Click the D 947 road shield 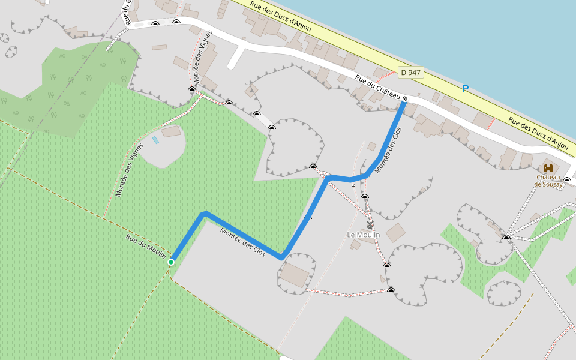[411, 73]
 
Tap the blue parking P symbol [465, 89]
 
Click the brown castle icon [548, 169]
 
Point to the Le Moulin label [364, 234]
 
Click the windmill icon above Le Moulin [370, 225]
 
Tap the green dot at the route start [171, 262]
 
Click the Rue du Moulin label [146, 247]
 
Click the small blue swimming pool [155, 140]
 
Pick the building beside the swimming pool [171, 131]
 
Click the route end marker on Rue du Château [406, 98]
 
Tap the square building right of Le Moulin [395, 232]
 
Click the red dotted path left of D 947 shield [385, 75]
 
